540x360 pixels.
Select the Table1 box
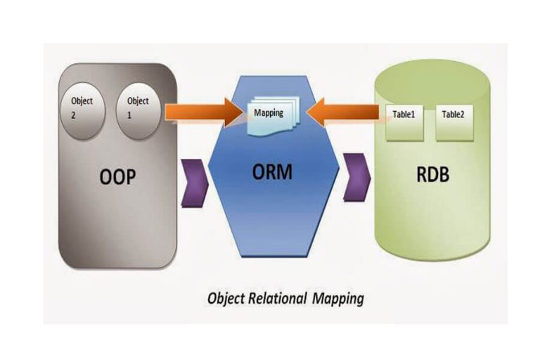[x=406, y=114]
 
